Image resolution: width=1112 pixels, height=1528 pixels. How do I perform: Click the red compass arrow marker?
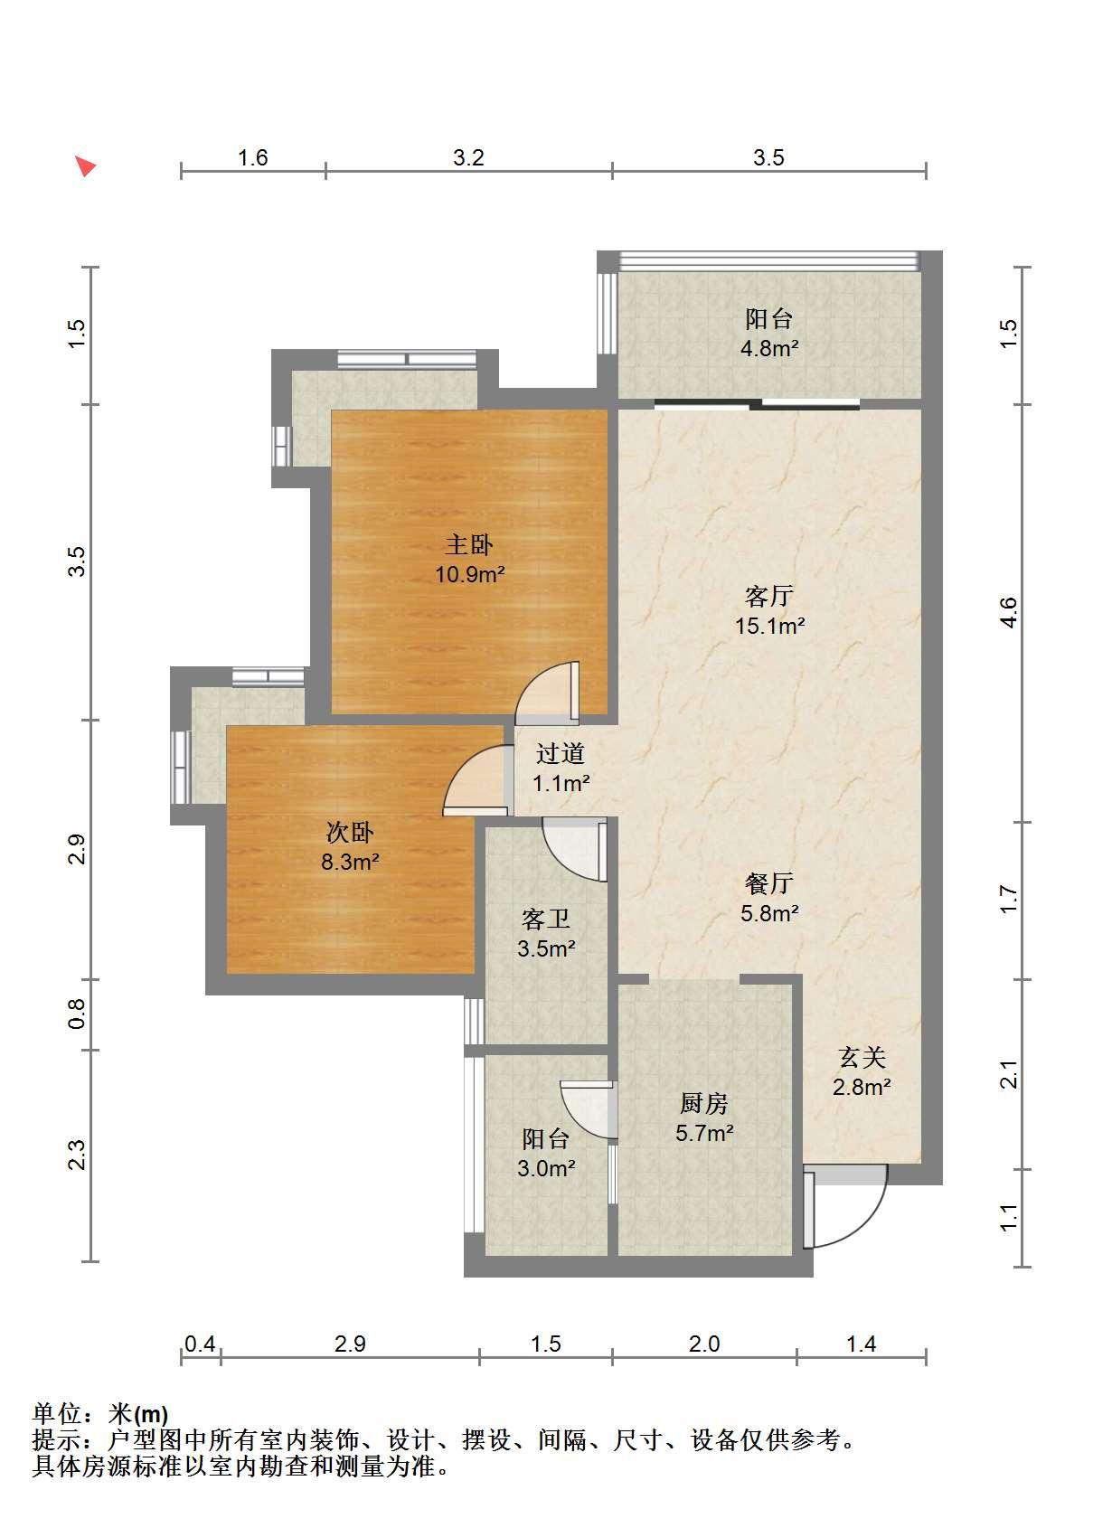(85, 165)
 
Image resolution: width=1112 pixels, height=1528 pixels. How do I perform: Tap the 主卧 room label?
(469, 545)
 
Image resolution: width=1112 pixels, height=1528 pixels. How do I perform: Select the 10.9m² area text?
(470, 574)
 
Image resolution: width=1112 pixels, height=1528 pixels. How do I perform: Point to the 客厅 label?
(769, 596)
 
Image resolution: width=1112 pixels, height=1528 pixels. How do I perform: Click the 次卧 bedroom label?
(350, 832)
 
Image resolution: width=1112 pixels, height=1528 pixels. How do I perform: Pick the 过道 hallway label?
(561, 753)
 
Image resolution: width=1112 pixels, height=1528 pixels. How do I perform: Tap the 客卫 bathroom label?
(546, 919)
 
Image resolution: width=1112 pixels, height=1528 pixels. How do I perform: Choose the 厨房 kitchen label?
(704, 1103)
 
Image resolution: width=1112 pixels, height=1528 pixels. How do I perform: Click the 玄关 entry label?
(862, 1057)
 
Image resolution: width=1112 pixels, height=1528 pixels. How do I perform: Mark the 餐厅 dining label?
(769, 883)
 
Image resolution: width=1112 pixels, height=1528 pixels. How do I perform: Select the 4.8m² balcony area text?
(769, 349)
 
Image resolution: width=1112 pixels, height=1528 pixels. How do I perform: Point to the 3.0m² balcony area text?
(546, 1168)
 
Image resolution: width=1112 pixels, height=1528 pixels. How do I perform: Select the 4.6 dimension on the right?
(1009, 613)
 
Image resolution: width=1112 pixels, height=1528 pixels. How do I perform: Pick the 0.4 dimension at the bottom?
(200, 1344)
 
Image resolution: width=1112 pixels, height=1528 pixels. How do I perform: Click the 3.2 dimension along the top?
(468, 157)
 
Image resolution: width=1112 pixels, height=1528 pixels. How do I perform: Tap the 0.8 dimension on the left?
(77, 1014)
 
